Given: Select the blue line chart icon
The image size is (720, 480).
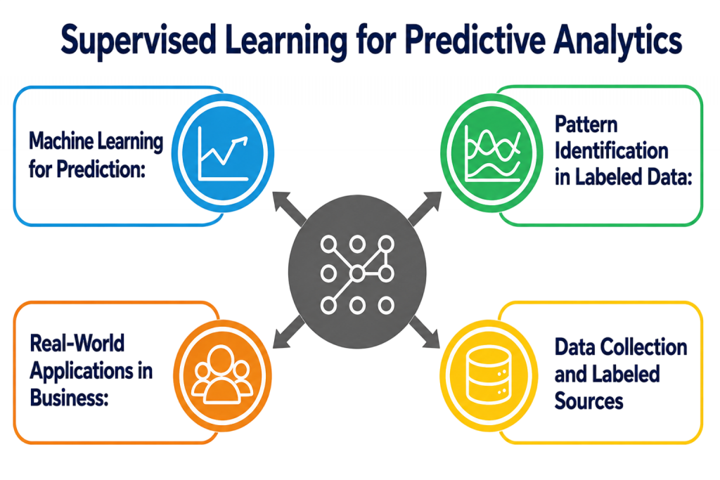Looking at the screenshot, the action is pos(223,153).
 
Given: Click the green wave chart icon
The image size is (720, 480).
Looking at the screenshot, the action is pos(491,153).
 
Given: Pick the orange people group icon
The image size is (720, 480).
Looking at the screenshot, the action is pos(222,375).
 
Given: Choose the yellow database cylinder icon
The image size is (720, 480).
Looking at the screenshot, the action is pos(489,375).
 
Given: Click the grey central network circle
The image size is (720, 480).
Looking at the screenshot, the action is pos(357,272).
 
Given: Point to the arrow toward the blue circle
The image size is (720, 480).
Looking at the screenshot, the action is pos(289,209).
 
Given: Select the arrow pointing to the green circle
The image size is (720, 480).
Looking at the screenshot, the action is pos(425,209).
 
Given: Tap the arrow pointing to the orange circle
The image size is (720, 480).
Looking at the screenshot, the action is pos(289,332).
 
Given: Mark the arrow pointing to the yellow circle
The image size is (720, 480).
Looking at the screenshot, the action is pos(424,332).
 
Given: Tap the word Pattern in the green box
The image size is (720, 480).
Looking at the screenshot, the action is pos(586,124).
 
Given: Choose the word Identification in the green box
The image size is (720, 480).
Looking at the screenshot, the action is pos(611,150).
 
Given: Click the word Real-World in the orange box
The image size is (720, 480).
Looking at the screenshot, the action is pos(77,343).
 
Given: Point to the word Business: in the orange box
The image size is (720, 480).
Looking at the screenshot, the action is pos(70,396).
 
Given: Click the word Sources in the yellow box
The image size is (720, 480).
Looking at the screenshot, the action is pos(589,401).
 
